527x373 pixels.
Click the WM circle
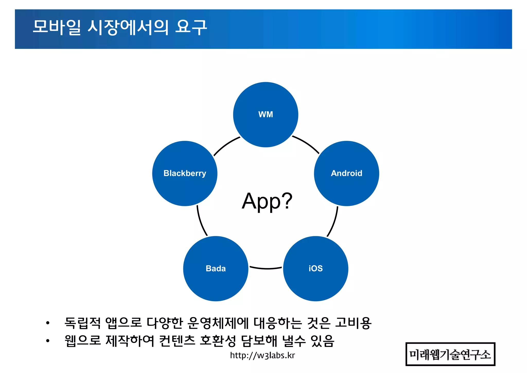click(266, 115)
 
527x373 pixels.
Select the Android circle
click(346, 173)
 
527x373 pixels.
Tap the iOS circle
click(315, 268)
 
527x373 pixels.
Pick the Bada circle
click(216, 268)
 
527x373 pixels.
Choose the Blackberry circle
click(185, 173)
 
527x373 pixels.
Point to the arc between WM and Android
click(307, 144)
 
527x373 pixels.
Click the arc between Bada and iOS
click(266, 268)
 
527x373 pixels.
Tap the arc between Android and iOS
click(333, 222)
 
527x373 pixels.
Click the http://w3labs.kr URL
click(262, 355)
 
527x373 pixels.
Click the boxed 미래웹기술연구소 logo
click(450, 354)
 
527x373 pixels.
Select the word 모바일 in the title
click(57, 27)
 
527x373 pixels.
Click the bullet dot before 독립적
click(48, 323)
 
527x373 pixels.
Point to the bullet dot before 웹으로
click(48, 341)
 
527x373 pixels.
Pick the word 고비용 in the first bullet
click(353, 323)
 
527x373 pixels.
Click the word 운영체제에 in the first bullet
click(218, 323)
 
